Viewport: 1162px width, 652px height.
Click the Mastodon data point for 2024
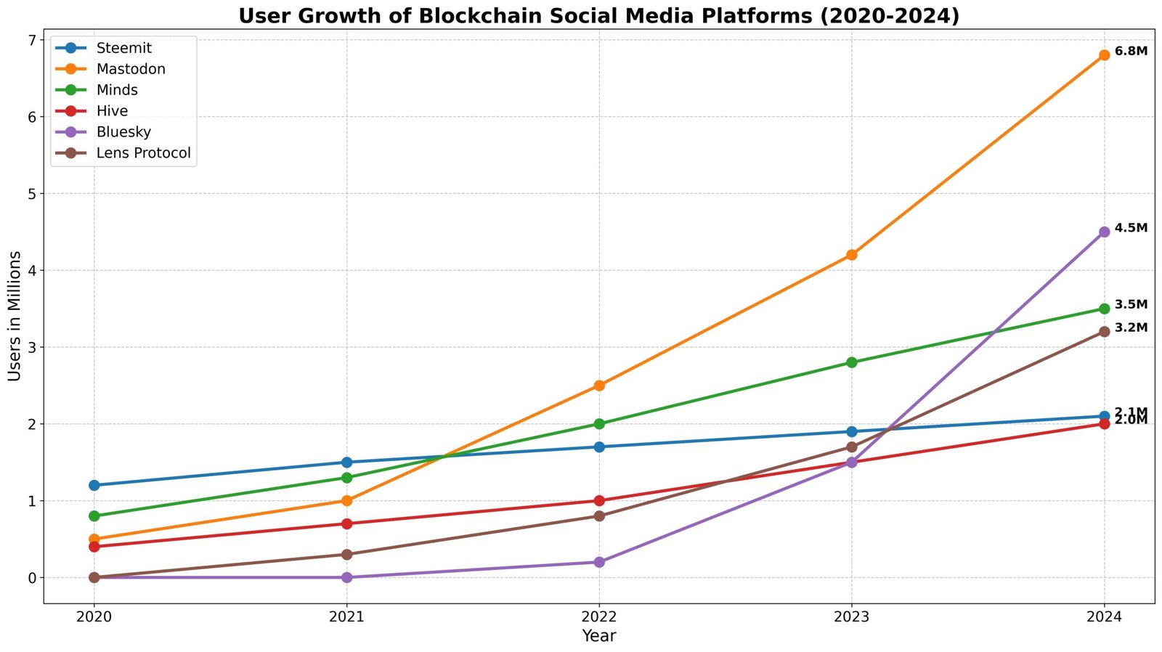click(x=1104, y=55)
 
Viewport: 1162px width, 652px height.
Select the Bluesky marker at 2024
click(x=1104, y=232)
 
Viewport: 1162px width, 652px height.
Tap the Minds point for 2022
click(x=599, y=424)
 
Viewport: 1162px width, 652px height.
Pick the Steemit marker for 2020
click(x=94, y=485)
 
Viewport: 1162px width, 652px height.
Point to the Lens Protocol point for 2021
click(x=346, y=555)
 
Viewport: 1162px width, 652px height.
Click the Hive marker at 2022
click(x=599, y=501)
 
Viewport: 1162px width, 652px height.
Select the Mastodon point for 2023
click(x=851, y=255)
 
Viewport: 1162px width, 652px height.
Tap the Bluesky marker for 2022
click(x=599, y=562)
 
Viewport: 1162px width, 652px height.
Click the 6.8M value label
click(x=1131, y=52)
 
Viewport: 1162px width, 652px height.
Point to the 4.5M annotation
click(x=1131, y=228)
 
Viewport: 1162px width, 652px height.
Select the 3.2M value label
click(x=1131, y=327)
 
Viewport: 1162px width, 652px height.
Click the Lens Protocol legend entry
click(x=143, y=153)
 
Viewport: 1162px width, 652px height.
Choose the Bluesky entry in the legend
click(x=123, y=132)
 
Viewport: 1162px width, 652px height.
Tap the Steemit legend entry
click(x=123, y=48)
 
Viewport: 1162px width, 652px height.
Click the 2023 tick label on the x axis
click(x=851, y=617)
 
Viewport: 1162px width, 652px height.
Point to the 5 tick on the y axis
click(x=31, y=194)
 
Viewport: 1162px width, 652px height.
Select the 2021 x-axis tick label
click(x=346, y=617)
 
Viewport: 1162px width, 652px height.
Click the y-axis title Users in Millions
click(x=15, y=316)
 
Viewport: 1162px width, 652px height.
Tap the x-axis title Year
click(x=599, y=637)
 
